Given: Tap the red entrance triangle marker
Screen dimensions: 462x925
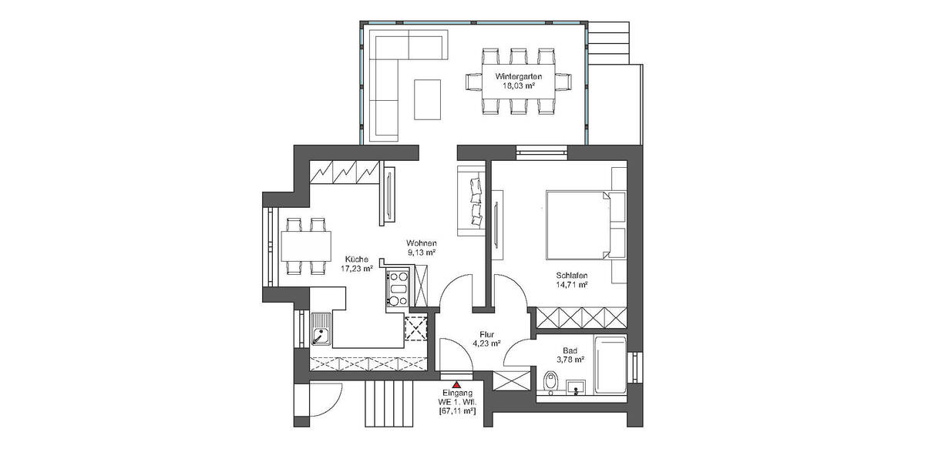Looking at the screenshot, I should click(x=456, y=383).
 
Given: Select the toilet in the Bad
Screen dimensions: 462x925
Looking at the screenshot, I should click(x=550, y=381).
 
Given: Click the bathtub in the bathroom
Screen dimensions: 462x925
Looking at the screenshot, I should click(x=610, y=366).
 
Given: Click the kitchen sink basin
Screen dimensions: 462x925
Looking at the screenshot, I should click(x=320, y=334).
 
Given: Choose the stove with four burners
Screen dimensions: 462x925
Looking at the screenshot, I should click(x=398, y=290).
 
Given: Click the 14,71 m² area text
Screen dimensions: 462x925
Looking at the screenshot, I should click(x=571, y=285).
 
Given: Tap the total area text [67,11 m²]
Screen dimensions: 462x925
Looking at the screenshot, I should click(x=456, y=412).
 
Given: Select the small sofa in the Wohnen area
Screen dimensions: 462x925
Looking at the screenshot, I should click(x=470, y=199).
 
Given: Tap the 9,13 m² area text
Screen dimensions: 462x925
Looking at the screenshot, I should click(x=422, y=252).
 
